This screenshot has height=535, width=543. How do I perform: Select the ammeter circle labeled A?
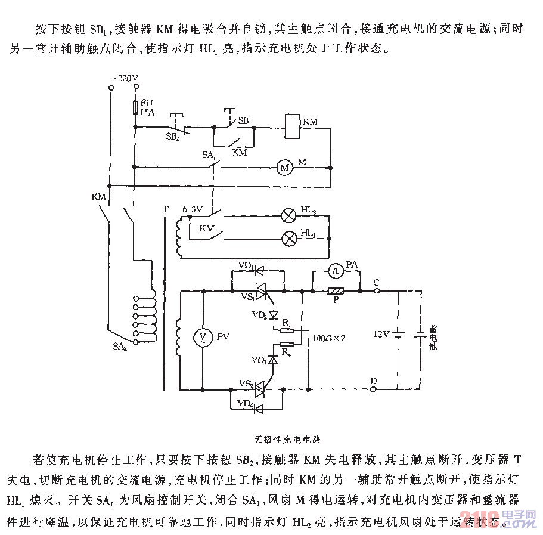(336, 271)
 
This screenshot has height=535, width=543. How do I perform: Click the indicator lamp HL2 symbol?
(289, 215)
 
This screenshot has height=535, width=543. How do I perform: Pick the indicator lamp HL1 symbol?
(289, 239)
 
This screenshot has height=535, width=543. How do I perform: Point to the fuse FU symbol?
(136, 107)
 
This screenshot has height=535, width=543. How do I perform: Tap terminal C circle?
(377, 291)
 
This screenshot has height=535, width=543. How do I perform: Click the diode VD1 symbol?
(259, 271)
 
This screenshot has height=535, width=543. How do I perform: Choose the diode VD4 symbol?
(259, 409)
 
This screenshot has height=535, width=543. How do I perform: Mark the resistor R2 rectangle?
(287, 344)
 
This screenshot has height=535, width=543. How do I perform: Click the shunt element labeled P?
(335, 291)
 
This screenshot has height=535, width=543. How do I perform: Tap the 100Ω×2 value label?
(330, 338)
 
